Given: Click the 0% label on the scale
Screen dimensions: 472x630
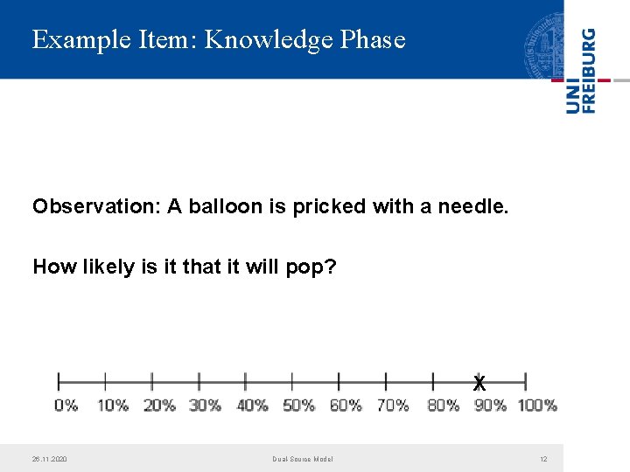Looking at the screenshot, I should coord(66,406).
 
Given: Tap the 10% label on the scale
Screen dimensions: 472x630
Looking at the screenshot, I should coord(112,406).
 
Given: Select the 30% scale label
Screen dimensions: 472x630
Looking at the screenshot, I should coord(205,406).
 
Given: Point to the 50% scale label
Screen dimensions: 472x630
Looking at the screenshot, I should coord(298,406).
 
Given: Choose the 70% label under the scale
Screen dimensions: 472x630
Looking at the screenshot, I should coord(393,406).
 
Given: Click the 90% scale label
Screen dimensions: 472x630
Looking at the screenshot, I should coord(490,406).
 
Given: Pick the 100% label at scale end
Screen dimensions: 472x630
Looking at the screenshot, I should coord(537,406).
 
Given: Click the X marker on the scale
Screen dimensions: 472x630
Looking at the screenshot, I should coord(479,383).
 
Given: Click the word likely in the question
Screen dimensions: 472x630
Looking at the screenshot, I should coord(108,267).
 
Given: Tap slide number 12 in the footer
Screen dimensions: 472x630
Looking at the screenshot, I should coord(543,459).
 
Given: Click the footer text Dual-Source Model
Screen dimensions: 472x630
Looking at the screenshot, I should coord(303,459).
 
